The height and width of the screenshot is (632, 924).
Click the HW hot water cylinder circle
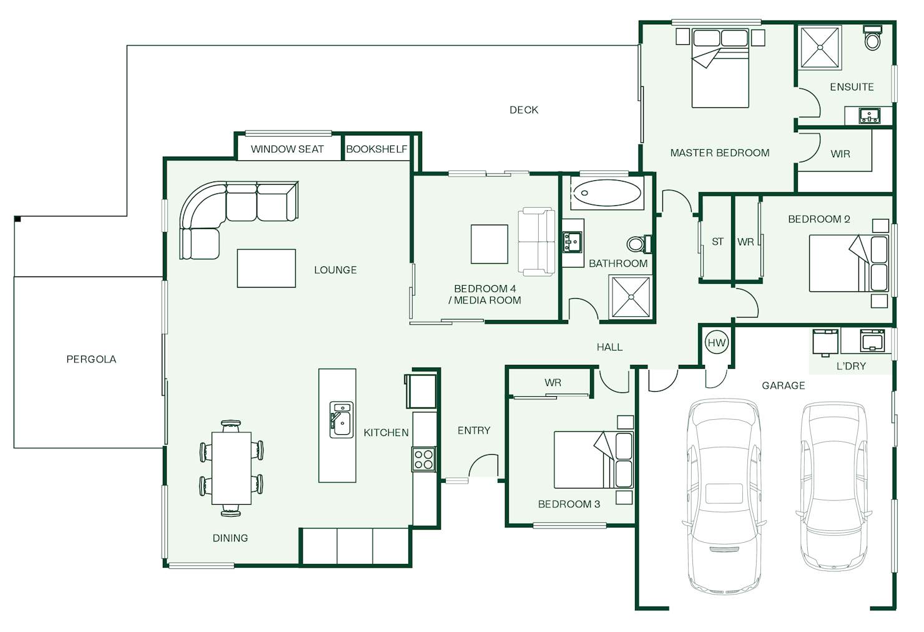point(717,343)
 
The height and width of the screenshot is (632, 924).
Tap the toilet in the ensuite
point(872,37)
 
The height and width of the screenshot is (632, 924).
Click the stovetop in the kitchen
point(424,459)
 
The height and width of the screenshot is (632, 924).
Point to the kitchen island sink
point(342,419)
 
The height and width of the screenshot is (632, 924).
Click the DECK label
point(524,110)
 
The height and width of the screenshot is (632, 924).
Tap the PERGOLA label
point(91,359)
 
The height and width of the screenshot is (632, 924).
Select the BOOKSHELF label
point(376,149)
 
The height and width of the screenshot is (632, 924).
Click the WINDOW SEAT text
point(287,149)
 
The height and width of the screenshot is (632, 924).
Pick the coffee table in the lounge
point(266,268)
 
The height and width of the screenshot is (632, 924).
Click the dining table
point(232,468)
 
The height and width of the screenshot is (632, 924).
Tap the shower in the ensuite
point(820,47)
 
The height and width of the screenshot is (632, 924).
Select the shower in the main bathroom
point(631,297)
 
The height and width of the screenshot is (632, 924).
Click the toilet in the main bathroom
point(639,244)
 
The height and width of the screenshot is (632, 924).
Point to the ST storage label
point(717,241)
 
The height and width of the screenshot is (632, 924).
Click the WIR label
point(840,154)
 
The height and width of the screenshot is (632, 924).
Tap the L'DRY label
point(850,366)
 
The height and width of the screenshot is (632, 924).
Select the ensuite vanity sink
point(870,115)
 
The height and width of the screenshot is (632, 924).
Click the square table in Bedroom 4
point(489,244)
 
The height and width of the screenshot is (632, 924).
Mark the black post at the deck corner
point(17,219)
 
